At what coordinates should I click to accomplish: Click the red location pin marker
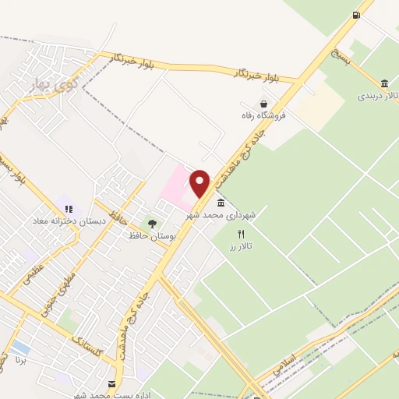click(x=200, y=182)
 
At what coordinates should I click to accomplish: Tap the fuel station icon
click(x=356, y=15)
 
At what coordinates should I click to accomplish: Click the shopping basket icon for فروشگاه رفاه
click(x=264, y=104)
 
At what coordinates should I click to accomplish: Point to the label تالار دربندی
click(x=377, y=97)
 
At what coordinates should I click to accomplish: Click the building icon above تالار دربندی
click(x=385, y=83)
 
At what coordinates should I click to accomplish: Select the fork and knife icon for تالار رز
click(x=242, y=234)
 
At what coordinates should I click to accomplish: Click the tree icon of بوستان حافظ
click(x=152, y=224)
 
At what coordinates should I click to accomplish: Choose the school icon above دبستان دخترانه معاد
click(x=69, y=209)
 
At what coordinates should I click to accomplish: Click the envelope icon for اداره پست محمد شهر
click(x=111, y=383)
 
